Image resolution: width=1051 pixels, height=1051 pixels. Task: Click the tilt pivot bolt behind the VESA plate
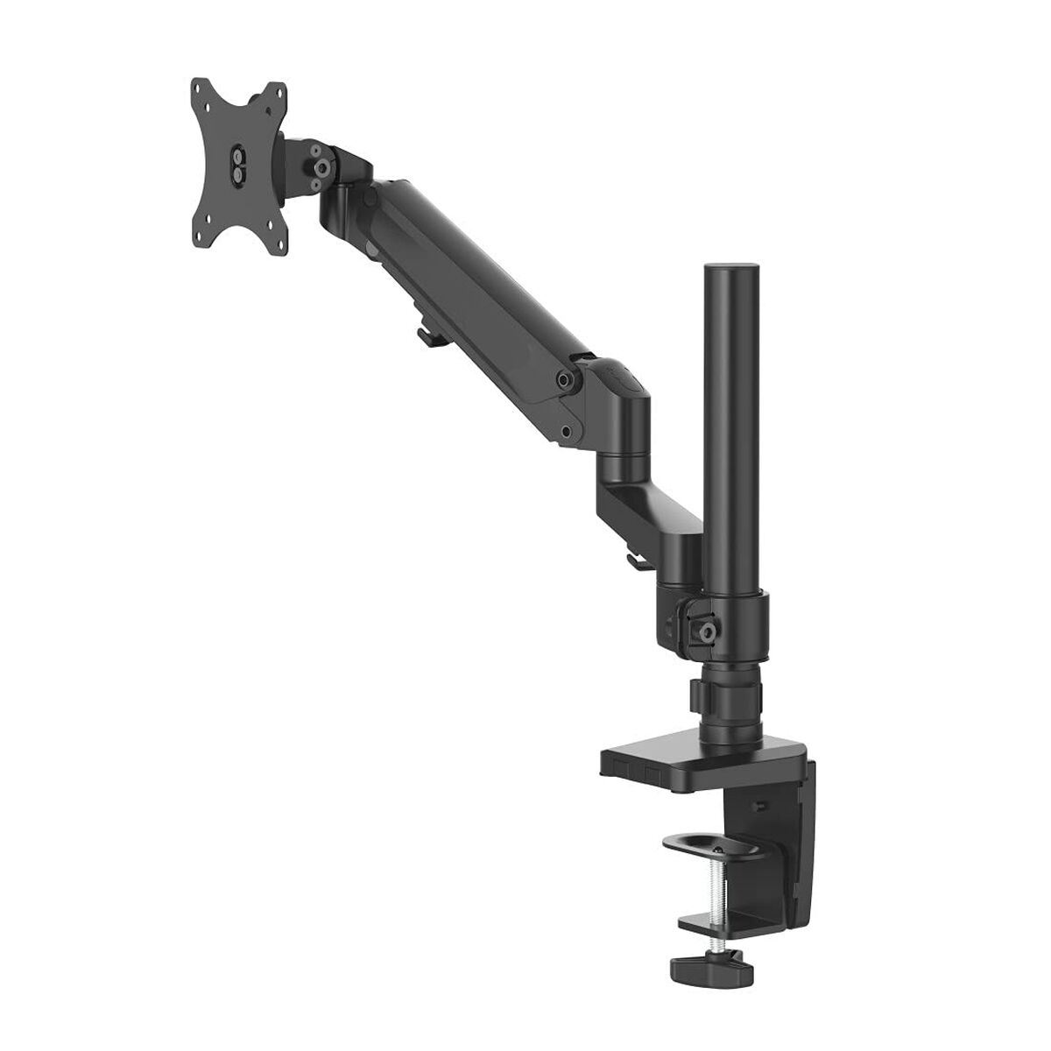322,164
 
